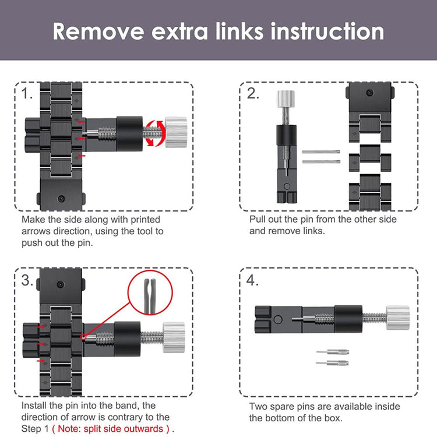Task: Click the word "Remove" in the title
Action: [98, 31]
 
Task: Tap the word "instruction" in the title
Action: [327, 31]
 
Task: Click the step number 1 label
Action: [27, 93]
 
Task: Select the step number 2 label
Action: [253, 93]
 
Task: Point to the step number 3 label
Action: [27, 280]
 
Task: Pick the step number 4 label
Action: [252, 280]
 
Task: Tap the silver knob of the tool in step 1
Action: [176, 132]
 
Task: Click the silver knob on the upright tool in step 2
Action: [286, 99]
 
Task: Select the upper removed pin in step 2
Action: [321, 152]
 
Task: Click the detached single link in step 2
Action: [370, 158]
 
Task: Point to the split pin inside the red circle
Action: [150, 295]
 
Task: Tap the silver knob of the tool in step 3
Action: [174, 337]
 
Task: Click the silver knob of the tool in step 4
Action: [398, 318]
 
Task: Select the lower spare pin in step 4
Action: [332, 363]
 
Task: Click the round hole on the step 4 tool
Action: [278, 319]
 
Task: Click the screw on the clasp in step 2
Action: [370, 93]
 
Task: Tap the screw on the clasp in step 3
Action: [61, 284]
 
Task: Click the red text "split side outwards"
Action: [111, 429]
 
